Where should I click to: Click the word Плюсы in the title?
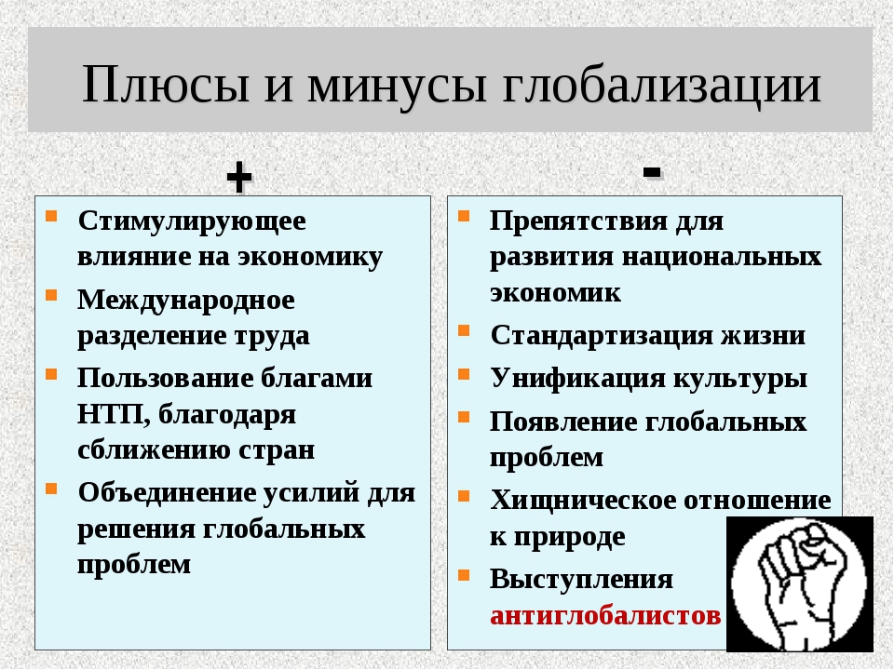click(x=166, y=85)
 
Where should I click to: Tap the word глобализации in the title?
click(x=661, y=86)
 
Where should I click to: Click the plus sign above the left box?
click(x=239, y=177)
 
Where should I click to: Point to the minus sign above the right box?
click(x=652, y=171)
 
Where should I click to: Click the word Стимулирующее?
click(x=192, y=221)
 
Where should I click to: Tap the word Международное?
click(x=186, y=301)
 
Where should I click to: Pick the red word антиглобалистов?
click(x=605, y=615)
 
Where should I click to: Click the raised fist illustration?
click(x=799, y=584)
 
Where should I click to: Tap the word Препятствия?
click(x=578, y=221)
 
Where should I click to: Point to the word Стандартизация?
click(x=602, y=336)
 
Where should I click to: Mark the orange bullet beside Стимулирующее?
click(x=51, y=216)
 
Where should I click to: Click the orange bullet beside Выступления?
click(x=464, y=574)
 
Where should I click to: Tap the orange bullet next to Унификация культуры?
click(x=464, y=374)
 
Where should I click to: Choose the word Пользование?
click(x=164, y=378)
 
